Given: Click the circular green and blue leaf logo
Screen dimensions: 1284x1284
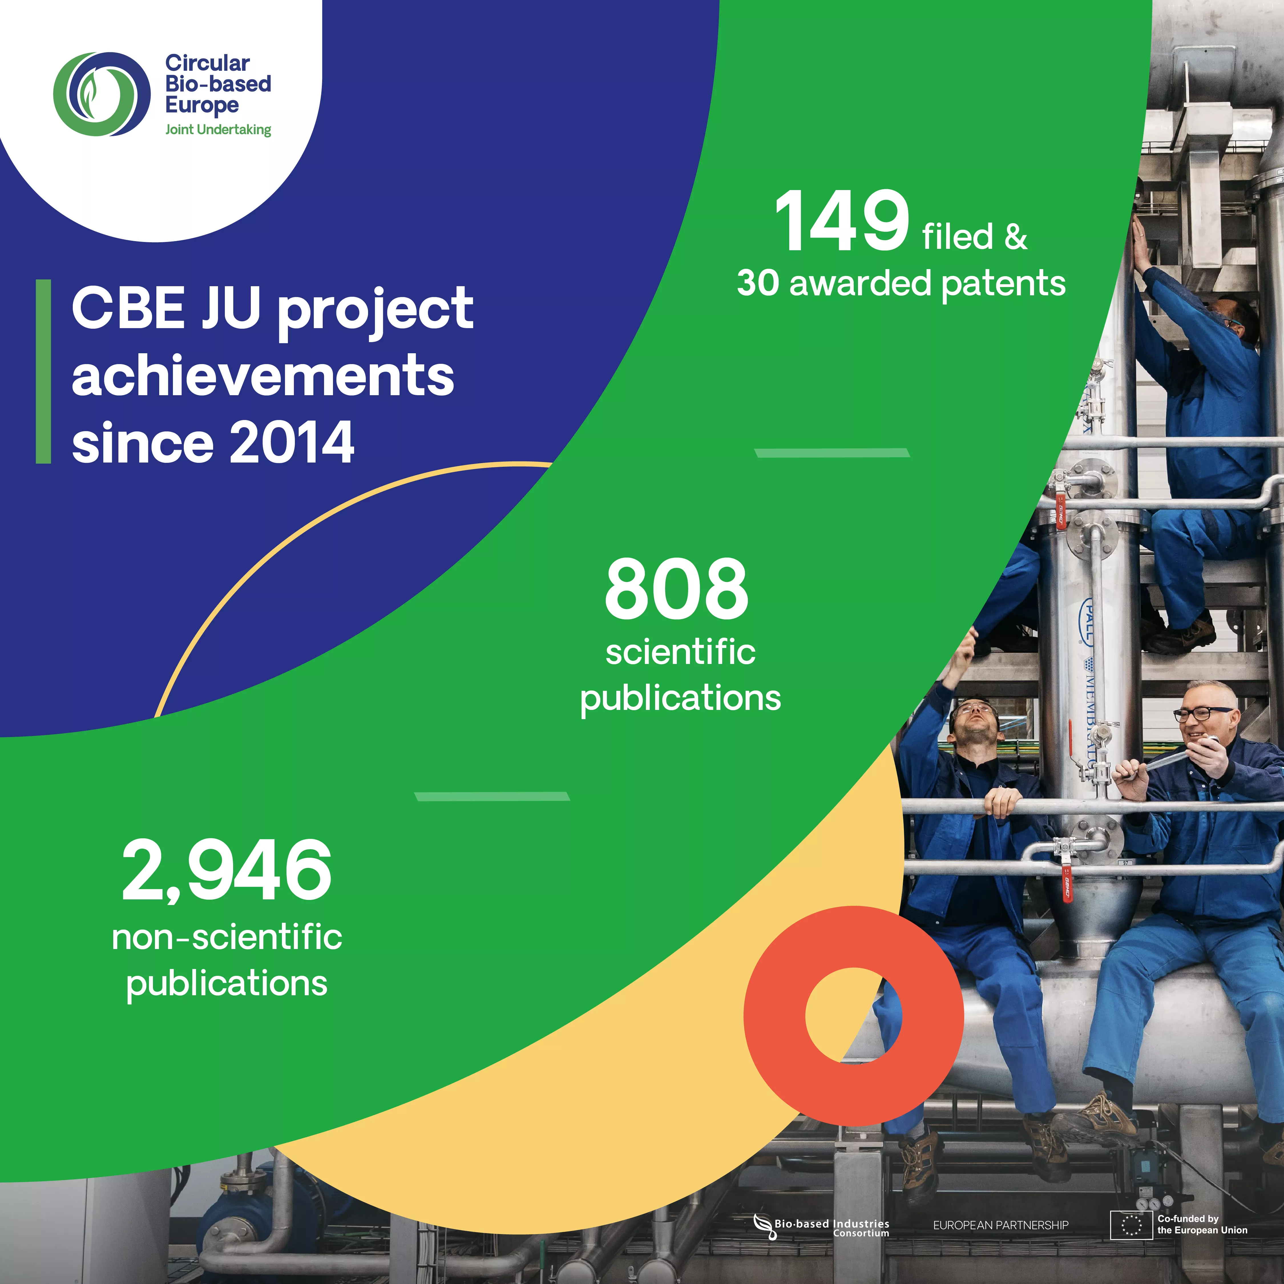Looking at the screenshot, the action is (102, 94).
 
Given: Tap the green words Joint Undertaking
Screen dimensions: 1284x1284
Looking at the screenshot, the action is (218, 130).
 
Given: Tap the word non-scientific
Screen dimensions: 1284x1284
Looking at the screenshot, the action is (227, 937).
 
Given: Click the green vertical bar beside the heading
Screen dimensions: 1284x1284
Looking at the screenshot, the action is (43, 371).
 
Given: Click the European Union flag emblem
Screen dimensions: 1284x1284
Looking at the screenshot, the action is (1131, 1225).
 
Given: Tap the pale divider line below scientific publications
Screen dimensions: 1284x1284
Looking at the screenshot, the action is (492, 796).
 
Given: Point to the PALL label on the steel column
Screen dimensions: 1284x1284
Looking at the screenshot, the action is (1088, 621).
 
